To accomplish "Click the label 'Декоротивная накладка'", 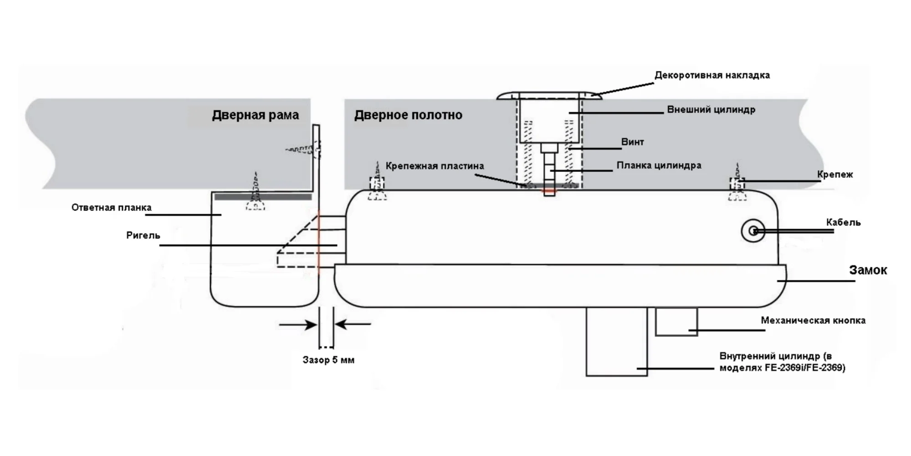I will (x=712, y=75).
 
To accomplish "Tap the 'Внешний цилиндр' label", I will (x=711, y=109).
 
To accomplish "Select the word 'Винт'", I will (x=632, y=142).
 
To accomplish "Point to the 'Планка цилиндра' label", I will (x=659, y=165).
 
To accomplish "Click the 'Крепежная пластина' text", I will (x=435, y=166).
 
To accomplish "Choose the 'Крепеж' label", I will (x=834, y=174).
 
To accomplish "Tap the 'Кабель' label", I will (x=843, y=223).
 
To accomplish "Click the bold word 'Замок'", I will (x=868, y=270).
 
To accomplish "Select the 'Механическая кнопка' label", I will (x=813, y=320).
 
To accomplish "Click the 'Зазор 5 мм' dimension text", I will (x=328, y=360).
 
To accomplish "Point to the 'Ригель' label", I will (x=143, y=235).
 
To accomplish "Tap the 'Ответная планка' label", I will (x=111, y=207).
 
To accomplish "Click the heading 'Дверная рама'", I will (x=255, y=115).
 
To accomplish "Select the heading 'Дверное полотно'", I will (x=408, y=115).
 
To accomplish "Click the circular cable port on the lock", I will (x=753, y=231).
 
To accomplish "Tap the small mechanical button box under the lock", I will (x=676, y=321).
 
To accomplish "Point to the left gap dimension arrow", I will (x=298, y=325).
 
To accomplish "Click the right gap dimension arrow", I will (x=353, y=325).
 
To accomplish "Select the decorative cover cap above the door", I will (x=549, y=95).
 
